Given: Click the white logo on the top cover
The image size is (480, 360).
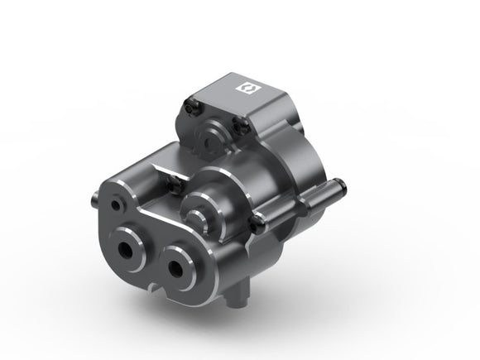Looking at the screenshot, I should click(x=245, y=85).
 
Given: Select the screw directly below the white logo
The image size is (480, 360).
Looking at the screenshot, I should click(x=242, y=124).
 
